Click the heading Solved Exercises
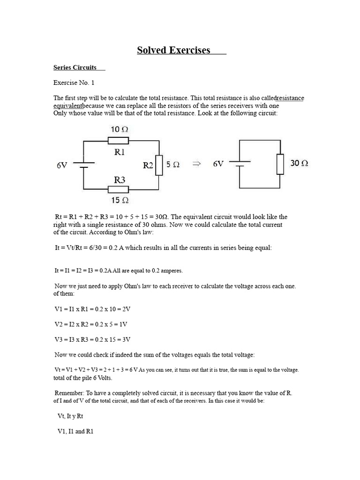point(173,50)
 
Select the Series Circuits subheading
point(75,67)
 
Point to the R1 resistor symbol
point(118,141)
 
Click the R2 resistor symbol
point(159,165)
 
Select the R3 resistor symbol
point(118,189)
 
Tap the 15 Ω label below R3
point(120,201)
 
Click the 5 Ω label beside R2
point(173,165)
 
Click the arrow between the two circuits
point(197,164)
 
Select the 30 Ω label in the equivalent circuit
point(299,163)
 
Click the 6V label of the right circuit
point(218,164)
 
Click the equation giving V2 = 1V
point(91,324)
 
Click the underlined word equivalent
point(68,106)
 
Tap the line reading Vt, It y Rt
point(70,416)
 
